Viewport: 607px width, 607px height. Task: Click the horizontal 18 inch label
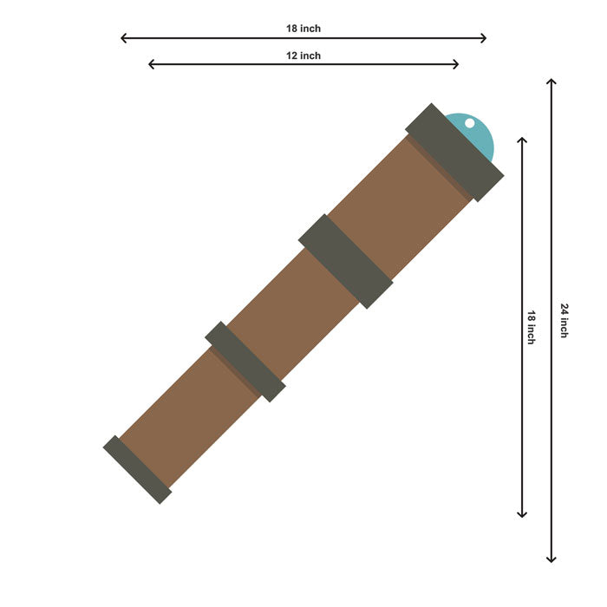tap(303, 29)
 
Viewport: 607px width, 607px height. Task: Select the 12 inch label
tap(303, 55)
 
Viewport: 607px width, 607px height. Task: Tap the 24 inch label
tap(565, 321)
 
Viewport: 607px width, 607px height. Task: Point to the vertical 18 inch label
tap(531, 327)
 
